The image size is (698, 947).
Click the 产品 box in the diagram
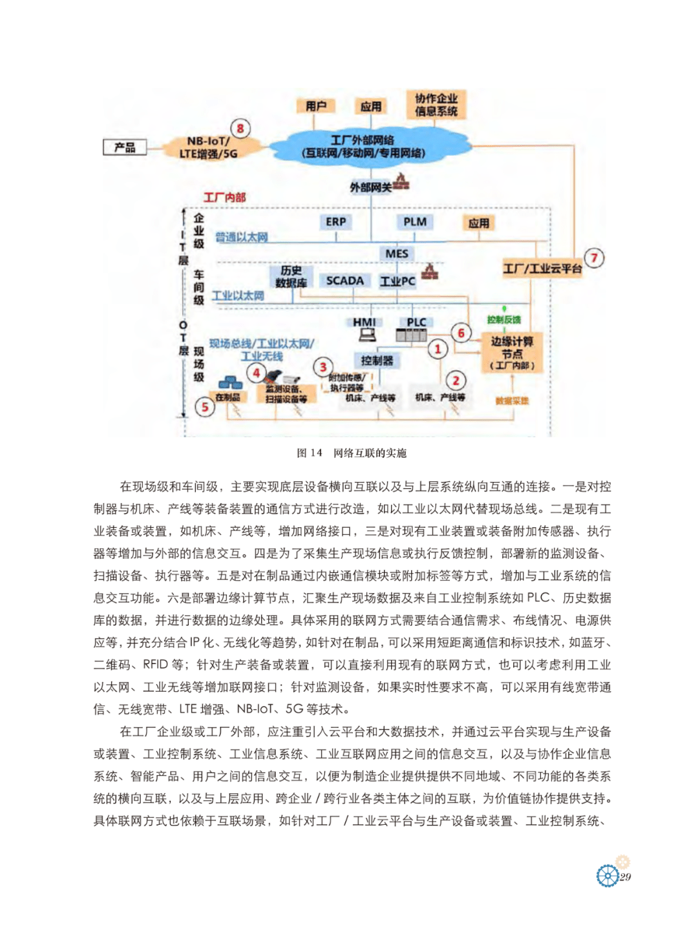[125, 147]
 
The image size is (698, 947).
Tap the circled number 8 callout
[240, 129]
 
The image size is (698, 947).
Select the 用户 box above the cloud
[316, 106]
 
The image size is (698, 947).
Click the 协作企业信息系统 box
[436, 105]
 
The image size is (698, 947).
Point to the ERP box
[335, 222]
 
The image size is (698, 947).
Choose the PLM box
[415, 222]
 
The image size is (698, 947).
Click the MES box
[397, 253]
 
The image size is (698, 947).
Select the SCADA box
[344, 280]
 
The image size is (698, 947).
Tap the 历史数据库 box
[291, 276]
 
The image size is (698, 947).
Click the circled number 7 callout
[594, 258]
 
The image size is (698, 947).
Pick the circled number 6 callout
[461, 333]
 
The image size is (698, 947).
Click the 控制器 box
[377, 360]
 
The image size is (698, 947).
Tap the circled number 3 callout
[323, 367]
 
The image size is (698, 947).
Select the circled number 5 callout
[205, 407]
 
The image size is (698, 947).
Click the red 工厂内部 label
[224, 197]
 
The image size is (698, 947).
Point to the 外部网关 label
[371, 187]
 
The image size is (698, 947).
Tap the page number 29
[626, 877]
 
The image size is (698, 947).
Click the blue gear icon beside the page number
[607, 875]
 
